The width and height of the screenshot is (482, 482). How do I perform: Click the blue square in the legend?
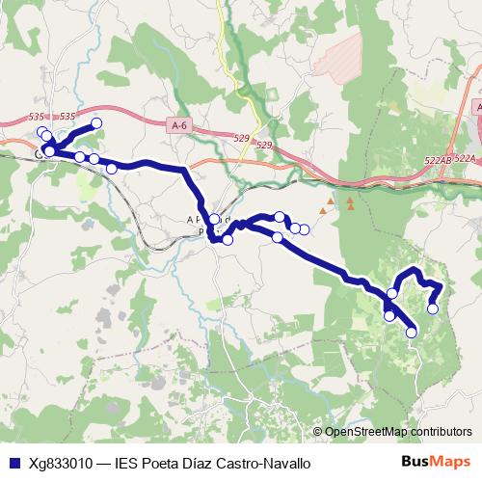coord(13,463)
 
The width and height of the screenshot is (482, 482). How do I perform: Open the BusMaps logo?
coord(436,462)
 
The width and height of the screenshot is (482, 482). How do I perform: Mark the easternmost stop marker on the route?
coord(433,308)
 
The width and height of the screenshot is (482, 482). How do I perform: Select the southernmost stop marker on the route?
coord(412,333)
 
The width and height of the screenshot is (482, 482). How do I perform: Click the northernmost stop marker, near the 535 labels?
coord(96,123)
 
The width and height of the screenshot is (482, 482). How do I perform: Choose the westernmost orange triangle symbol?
coord(328,204)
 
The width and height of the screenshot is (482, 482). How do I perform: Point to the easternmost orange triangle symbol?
coord(351,205)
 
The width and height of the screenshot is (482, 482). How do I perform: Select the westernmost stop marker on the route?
coord(40,132)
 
